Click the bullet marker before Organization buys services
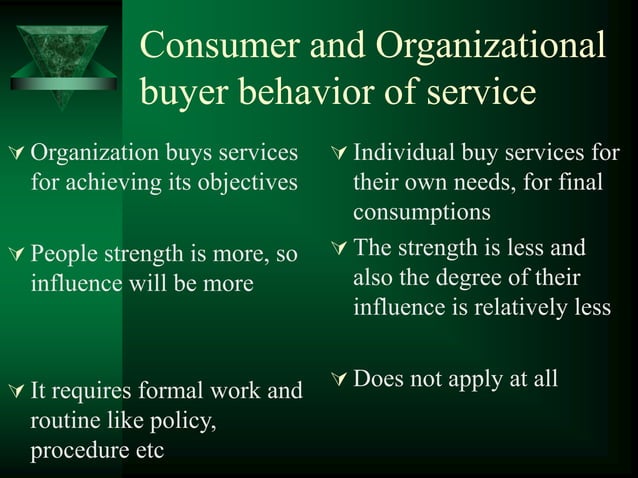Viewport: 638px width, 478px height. pos(13,155)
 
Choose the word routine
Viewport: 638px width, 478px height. pos(63,421)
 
